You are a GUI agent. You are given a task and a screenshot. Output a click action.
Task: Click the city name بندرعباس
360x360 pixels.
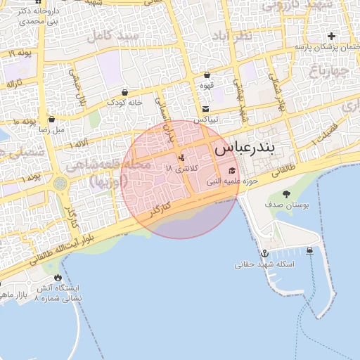pos(247,148)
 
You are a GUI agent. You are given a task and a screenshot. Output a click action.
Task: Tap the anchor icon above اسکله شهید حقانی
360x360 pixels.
pos(265,253)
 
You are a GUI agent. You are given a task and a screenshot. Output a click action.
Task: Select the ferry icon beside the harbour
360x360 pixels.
pos(310,251)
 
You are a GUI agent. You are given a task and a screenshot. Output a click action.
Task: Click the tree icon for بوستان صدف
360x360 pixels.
pos(285,193)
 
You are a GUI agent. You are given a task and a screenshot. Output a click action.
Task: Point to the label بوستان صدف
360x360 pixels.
pos(285,205)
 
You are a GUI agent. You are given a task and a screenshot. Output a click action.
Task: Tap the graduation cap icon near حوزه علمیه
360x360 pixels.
pos(233,171)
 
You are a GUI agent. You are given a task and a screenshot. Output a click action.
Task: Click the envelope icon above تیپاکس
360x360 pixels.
pos(205,109)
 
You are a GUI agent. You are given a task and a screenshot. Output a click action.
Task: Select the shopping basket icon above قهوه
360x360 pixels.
pos(207,75)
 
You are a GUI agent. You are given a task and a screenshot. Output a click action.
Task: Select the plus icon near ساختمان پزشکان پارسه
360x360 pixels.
pos(331,36)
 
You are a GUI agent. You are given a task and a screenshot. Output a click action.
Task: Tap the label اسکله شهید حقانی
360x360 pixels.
pos(265,264)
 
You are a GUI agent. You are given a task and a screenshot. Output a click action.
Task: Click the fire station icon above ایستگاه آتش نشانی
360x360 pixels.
pos(58,278)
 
